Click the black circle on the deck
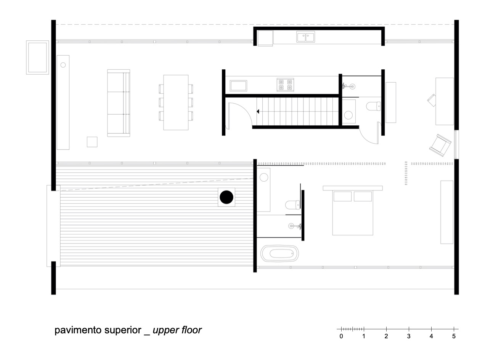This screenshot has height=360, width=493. [226, 197]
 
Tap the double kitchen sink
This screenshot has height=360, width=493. [305, 37]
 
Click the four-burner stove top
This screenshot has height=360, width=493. [286, 85]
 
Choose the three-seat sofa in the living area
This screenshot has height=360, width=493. [118, 103]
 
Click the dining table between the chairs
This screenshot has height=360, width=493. [175, 102]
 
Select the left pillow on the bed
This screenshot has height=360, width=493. [342, 196]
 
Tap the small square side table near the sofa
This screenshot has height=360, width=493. [92, 142]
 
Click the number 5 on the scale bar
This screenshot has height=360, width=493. [453, 336]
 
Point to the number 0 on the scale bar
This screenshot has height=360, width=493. [341, 336]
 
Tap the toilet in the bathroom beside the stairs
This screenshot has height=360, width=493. [373, 106]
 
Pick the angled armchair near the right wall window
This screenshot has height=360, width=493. [441, 144]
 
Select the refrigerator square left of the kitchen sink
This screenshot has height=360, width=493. [265, 38]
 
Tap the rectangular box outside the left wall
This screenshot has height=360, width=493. [37, 58]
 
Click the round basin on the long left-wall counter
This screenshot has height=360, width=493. [63, 65]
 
